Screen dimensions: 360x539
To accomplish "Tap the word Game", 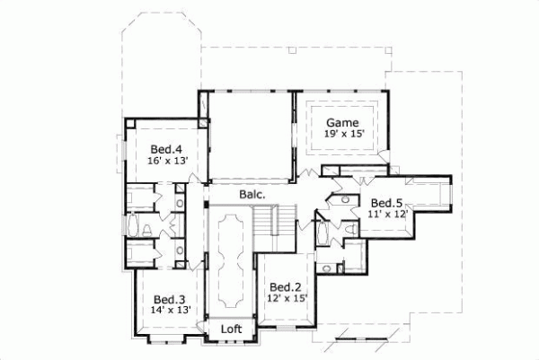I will tap(341, 123).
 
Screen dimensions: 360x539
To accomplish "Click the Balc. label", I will tap(251, 194).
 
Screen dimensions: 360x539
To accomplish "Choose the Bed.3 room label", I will tap(169, 300).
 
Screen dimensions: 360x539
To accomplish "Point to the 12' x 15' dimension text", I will tap(287, 298).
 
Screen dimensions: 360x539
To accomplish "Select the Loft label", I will tap(232, 329).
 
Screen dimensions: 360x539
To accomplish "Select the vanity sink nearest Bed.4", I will tap(179, 203).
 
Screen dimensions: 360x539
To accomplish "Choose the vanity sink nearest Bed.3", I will tap(179, 251).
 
